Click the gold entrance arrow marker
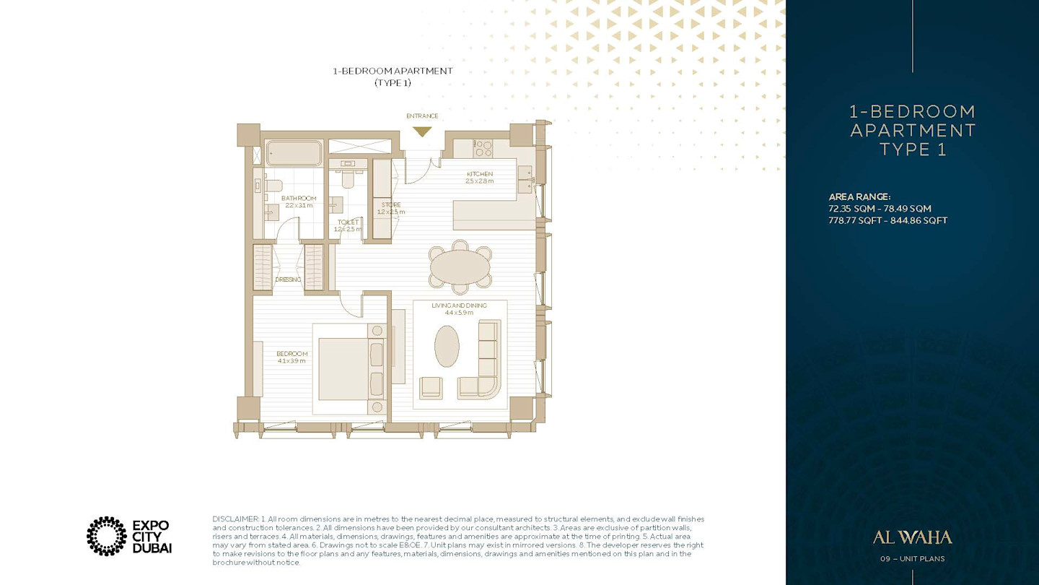point(422,131)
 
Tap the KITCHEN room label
point(480,173)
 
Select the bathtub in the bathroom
point(294,153)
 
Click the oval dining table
point(460,267)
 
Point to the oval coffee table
point(447,346)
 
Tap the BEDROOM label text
point(291,354)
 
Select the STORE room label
point(391,205)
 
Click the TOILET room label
point(348,222)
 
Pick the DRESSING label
point(288,279)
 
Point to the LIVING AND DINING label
point(459,305)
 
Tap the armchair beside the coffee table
point(431,388)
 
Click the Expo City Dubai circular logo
point(107,536)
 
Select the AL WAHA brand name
point(912,537)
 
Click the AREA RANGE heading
point(859,197)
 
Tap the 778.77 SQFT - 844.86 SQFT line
point(887,220)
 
